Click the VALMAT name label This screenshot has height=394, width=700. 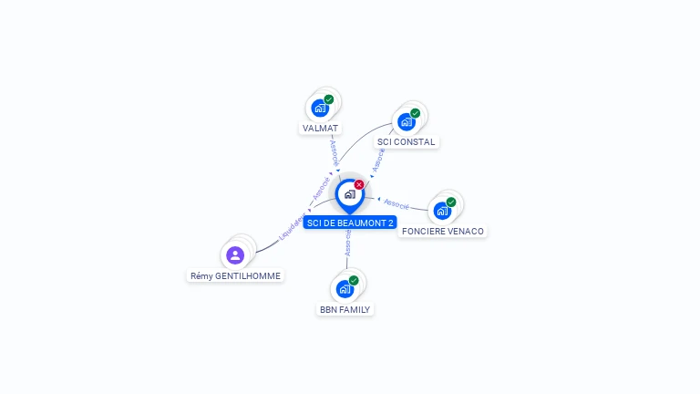pyautogui.click(x=320, y=129)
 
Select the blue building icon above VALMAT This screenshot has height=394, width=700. pyautogui.click(x=320, y=109)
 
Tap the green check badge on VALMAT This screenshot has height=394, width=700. pyautogui.click(x=329, y=99)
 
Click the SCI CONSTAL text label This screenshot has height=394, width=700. pyautogui.click(x=406, y=142)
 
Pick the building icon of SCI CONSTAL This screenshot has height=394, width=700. pyautogui.click(x=407, y=122)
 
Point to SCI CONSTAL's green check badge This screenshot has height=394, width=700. pyautogui.click(x=416, y=113)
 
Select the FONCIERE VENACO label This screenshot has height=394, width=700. pyautogui.click(x=442, y=232)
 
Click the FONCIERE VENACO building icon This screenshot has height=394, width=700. pyautogui.click(x=442, y=211)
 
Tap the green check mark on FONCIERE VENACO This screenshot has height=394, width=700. pyautogui.click(x=451, y=202)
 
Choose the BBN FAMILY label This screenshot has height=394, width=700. pyautogui.click(x=345, y=309)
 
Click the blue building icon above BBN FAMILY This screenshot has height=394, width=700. pyautogui.click(x=345, y=289)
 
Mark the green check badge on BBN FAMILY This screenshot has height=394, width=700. pyautogui.click(x=354, y=281)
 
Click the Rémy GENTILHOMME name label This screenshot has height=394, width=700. pyautogui.click(x=235, y=276)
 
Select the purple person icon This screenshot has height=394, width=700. pyautogui.click(x=235, y=255)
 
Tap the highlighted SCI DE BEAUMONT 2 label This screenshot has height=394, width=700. pyautogui.click(x=350, y=223)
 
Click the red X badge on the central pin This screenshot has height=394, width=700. pyautogui.click(x=359, y=184)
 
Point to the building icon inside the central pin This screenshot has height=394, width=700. pyautogui.click(x=350, y=194)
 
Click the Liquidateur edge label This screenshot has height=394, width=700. pyautogui.click(x=292, y=227)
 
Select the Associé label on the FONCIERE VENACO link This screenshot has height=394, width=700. pyautogui.click(x=396, y=204)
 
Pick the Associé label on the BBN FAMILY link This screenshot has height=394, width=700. pyautogui.click(x=348, y=243)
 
